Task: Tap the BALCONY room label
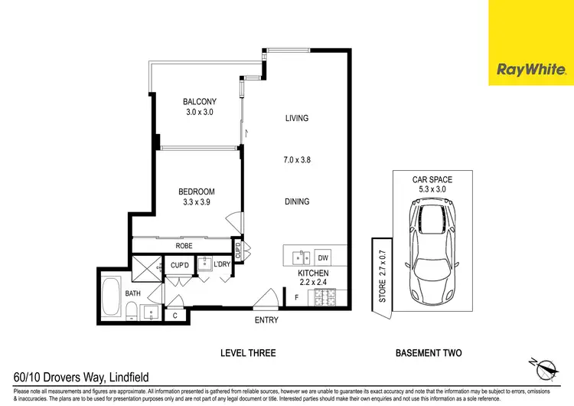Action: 199,101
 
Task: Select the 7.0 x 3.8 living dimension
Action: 297,161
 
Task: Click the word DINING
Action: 297,202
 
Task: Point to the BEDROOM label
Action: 197,192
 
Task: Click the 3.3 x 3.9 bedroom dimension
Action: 197,203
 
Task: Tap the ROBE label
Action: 184,247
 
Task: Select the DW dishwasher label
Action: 323,258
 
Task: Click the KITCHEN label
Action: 314,273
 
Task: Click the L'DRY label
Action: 222,265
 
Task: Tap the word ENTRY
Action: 266,320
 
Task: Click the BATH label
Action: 112,293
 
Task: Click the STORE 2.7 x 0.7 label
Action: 382,270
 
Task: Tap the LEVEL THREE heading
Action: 249,353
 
